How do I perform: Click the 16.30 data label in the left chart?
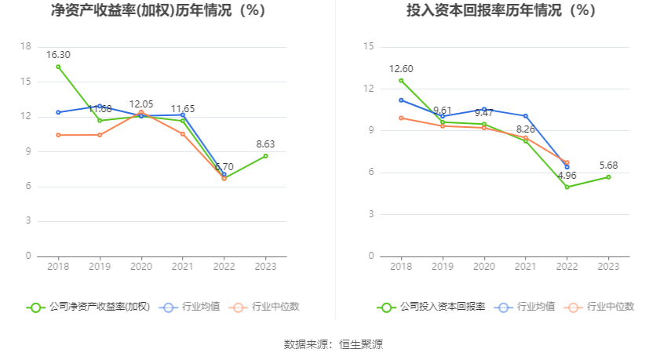[x=58, y=55]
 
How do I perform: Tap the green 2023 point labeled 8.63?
[x=265, y=155]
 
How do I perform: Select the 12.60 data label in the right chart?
[x=401, y=69]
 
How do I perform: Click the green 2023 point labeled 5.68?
[x=608, y=176]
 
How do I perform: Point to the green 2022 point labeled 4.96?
[x=567, y=187]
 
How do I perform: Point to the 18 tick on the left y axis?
[x=26, y=47]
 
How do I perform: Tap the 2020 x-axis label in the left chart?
[x=141, y=267]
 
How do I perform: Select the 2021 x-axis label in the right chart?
[x=526, y=267]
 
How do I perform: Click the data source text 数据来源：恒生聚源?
[x=333, y=344]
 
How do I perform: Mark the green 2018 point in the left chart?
[x=58, y=67]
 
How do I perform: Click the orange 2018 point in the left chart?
[x=58, y=135]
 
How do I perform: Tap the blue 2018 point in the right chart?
[x=401, y=100]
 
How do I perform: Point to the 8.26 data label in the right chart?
[x=526, y=129]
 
